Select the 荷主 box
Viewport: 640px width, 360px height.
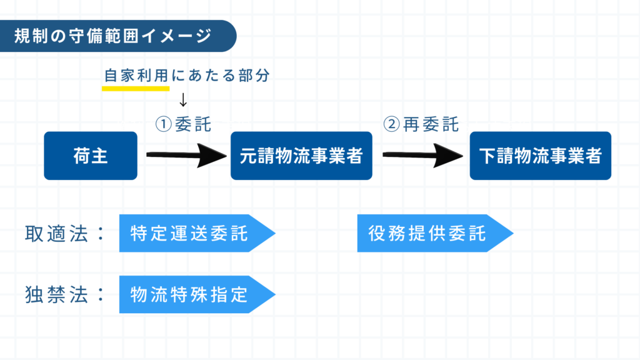coord(91,156)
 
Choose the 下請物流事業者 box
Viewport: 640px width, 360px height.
coord(540,156)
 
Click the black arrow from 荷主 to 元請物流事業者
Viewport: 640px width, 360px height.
coord(185,156)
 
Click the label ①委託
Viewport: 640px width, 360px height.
coord(183,124)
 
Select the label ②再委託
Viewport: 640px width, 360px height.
coord(421,124)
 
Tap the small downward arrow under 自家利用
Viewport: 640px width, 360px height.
coord(183,99)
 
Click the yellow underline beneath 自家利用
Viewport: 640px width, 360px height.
coord(136,88)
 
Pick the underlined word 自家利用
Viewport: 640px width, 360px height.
coord(136,76)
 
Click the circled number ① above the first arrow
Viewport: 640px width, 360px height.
coord(163,124)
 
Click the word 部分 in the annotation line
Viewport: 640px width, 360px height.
coord(256,76)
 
